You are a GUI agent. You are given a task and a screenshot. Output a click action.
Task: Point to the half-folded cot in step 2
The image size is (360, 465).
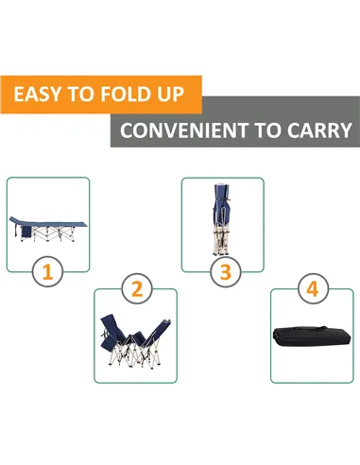[136, 339]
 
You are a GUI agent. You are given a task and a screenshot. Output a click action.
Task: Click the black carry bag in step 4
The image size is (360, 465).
[313, 336]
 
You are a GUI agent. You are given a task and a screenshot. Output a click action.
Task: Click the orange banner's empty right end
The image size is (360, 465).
[193, 95]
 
